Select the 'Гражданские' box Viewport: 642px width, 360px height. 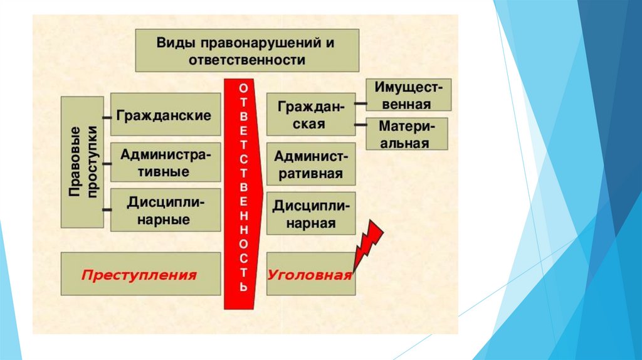tap(166, 115)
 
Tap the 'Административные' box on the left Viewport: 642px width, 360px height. tap(166, 162)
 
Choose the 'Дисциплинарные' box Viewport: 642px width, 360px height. tap(166, 210)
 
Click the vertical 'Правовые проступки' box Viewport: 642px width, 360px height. tap(83, 162)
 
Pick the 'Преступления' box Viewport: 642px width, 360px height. tap(140, 275)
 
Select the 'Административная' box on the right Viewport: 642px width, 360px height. tap(310, 164)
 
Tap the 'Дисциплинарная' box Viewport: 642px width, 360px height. tap(310, 214)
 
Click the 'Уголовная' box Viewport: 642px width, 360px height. tap(310, 275)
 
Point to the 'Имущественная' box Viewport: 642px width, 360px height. tap(408, 95)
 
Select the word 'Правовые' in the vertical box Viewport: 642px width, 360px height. tap(75, 162)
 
